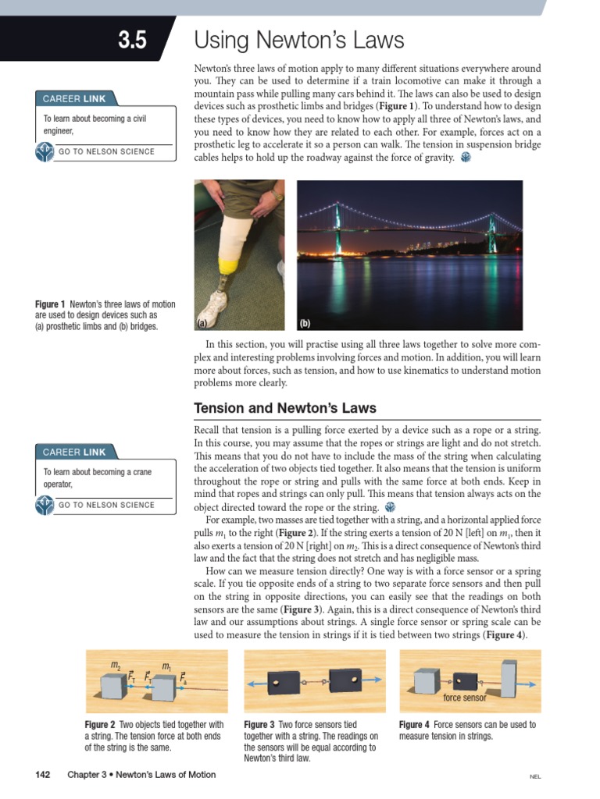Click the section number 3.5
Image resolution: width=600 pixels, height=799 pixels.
[x=132, y=41]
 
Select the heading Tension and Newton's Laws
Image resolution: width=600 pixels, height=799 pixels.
[x=284, y=408]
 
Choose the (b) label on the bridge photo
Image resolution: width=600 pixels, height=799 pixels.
[x=305, y=322]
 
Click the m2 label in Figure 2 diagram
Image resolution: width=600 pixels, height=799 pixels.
[x=116, y=666]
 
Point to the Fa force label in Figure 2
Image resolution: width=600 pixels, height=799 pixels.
[x=183, y=679]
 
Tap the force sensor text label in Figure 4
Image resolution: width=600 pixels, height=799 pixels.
[x=464, y=698]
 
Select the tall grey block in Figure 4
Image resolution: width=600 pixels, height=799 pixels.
[x=509, y=681]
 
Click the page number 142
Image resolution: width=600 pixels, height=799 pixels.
[x=43, y=775]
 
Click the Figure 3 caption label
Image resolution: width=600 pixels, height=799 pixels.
[x=259, y=725]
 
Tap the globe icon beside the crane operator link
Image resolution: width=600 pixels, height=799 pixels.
[x=45, y=505]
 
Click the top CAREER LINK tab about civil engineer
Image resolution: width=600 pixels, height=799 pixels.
[x=74, y=99]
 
